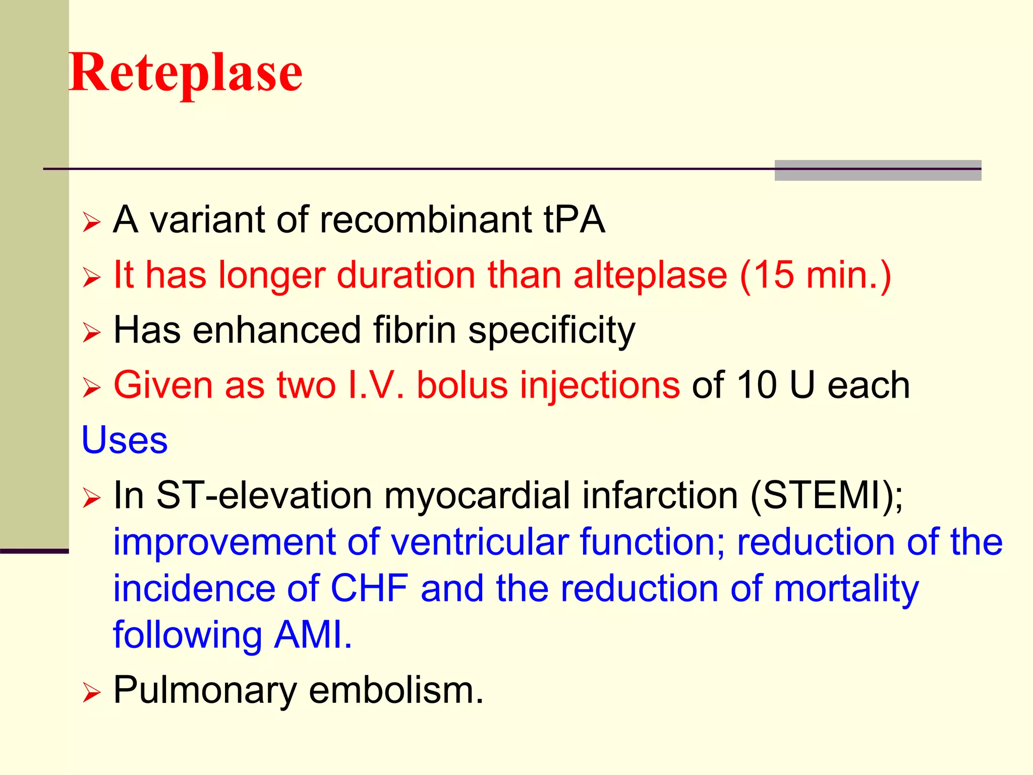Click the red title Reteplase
coord(186,73)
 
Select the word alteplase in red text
coord(650,276)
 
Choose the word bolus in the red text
coord(462,385)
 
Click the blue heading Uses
coord(125,440)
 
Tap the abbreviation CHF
coord(369,589)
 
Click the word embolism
coord(396,690)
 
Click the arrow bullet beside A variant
coord(92,222)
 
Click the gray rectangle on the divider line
coord(878,171)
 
